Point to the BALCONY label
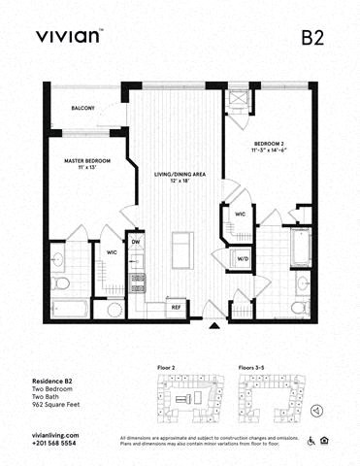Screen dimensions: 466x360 [82, 108]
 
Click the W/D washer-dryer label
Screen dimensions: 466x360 [243, 258]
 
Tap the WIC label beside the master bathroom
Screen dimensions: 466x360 [111, 254]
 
